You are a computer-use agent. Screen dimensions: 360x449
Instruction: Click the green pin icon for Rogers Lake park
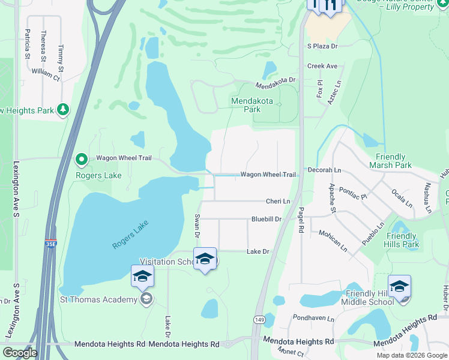tap(82, 160)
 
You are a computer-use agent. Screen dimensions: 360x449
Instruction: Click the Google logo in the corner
tap(20, 353)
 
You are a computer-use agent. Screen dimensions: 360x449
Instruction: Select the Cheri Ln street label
tap(279, 202)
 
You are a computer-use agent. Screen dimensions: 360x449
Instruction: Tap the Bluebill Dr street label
tap(267, 220)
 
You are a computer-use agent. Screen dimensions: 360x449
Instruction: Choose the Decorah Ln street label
tap(324, 170)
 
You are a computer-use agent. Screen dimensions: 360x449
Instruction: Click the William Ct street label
tap(46, 74)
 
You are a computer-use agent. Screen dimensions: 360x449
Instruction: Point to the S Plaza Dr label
tap(322, 46)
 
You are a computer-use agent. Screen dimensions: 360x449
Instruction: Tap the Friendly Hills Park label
tap(403, 240)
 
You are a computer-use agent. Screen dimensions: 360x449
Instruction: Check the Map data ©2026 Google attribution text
tap(412, 355)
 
